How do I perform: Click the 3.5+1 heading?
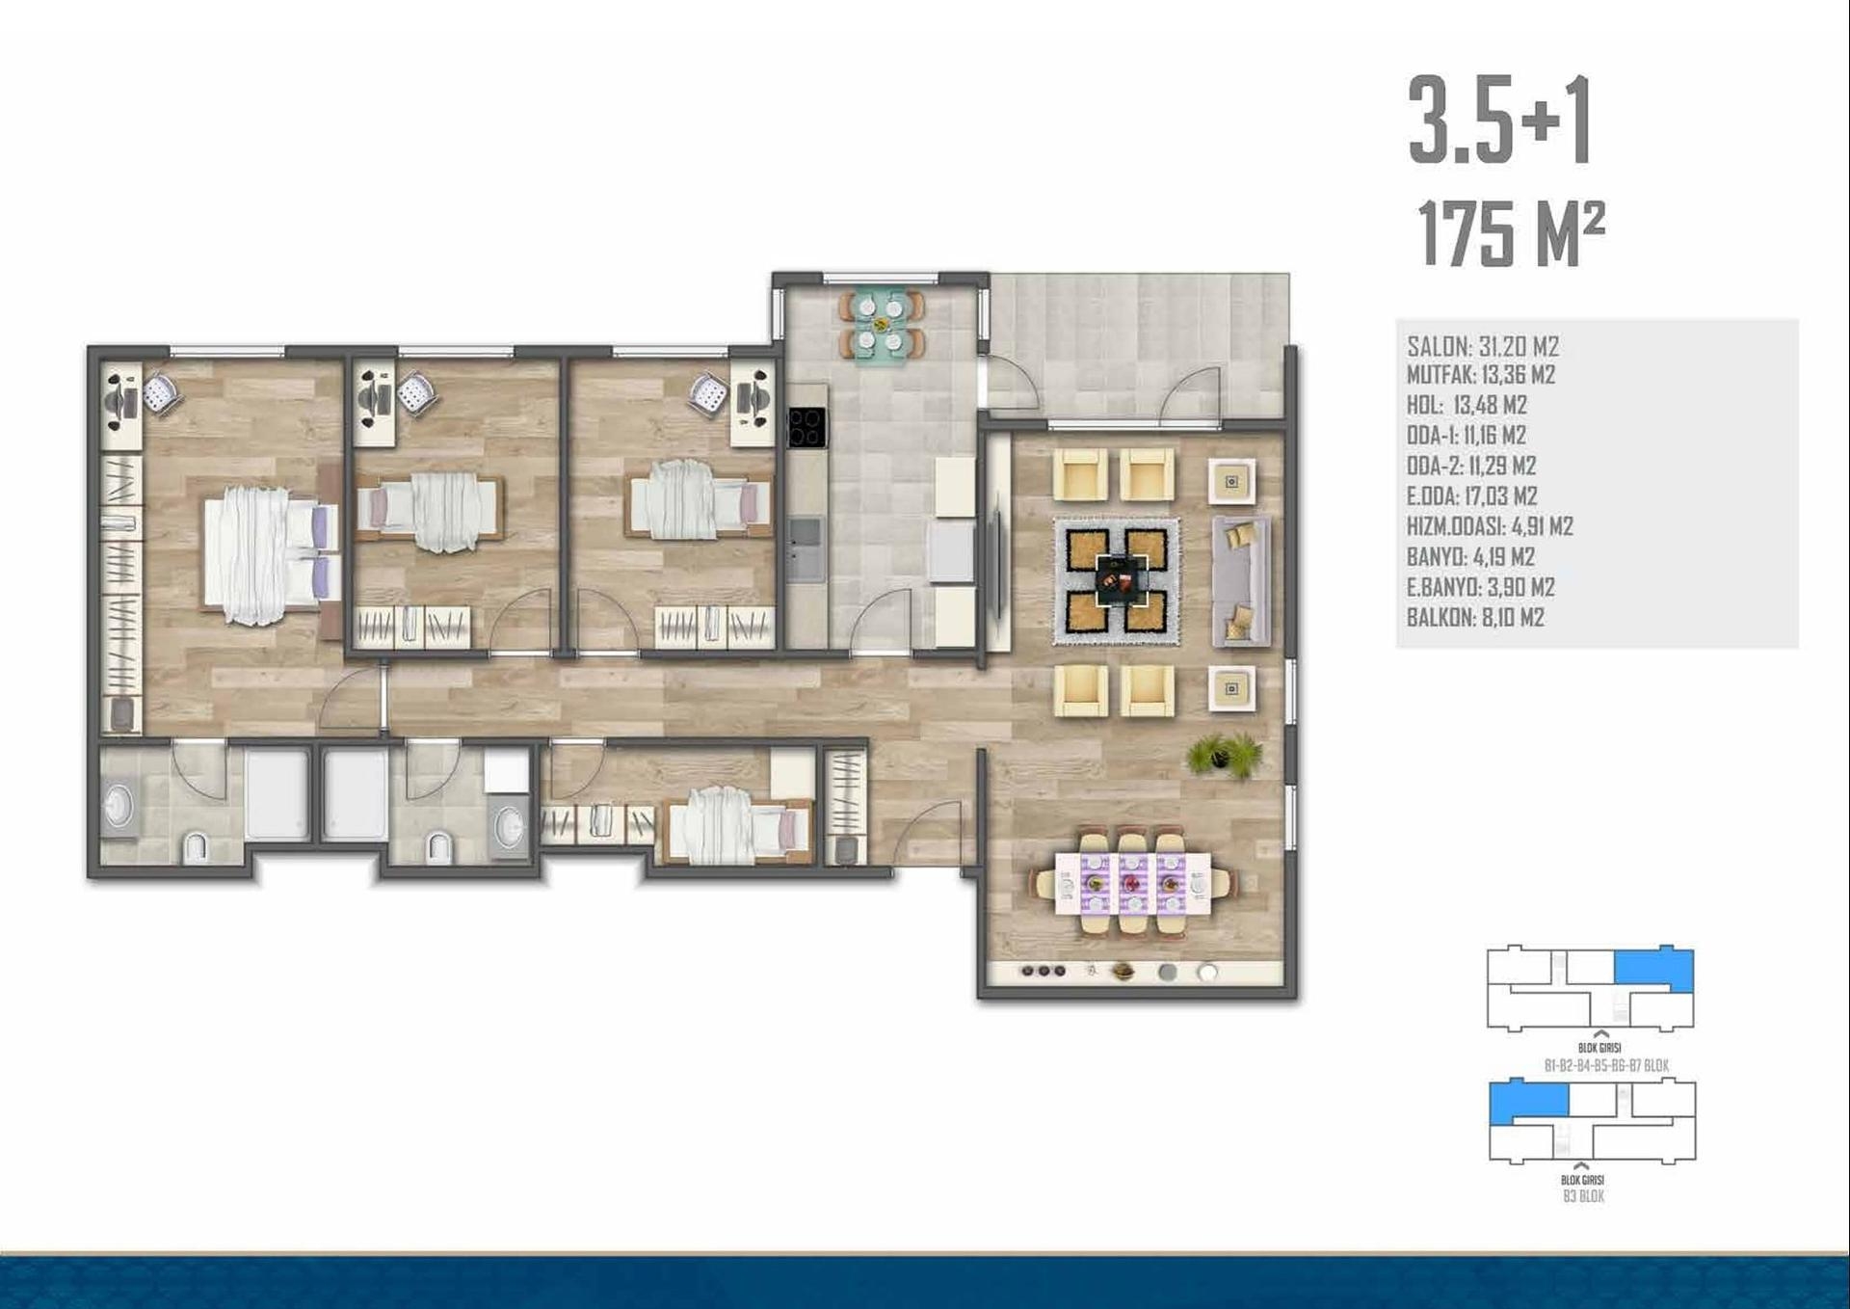pos(1499,121)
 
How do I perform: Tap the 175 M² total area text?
pos(1511,234)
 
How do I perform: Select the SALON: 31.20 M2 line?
pos(1483,346)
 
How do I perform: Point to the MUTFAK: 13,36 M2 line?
pos(1481,375)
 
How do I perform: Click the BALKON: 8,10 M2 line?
pos(1475,618)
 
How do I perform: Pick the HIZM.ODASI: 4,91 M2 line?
pos(1490,526)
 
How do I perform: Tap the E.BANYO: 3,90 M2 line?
pos(1481,587)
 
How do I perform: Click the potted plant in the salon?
pos(1224,755)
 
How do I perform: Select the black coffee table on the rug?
pos(1118,580)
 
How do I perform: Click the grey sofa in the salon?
pos(1242,580)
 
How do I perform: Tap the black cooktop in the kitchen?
pos(806,428)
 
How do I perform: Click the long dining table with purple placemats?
pos(1132,883)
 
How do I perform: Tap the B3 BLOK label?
pos(1583,1196)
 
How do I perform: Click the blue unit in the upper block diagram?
pos(1653,970)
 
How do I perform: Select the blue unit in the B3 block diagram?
pos(1528,1103)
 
